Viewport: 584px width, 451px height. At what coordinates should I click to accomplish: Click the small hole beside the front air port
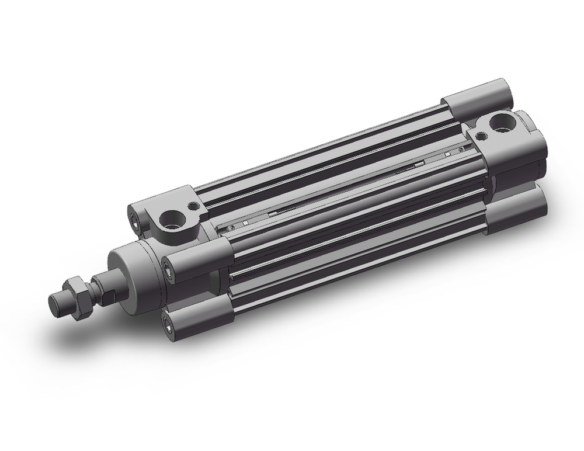pyautogui.click(x=193, y=206)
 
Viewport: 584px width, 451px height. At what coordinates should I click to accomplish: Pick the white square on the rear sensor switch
pyautogui.click(x=449, y=154)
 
